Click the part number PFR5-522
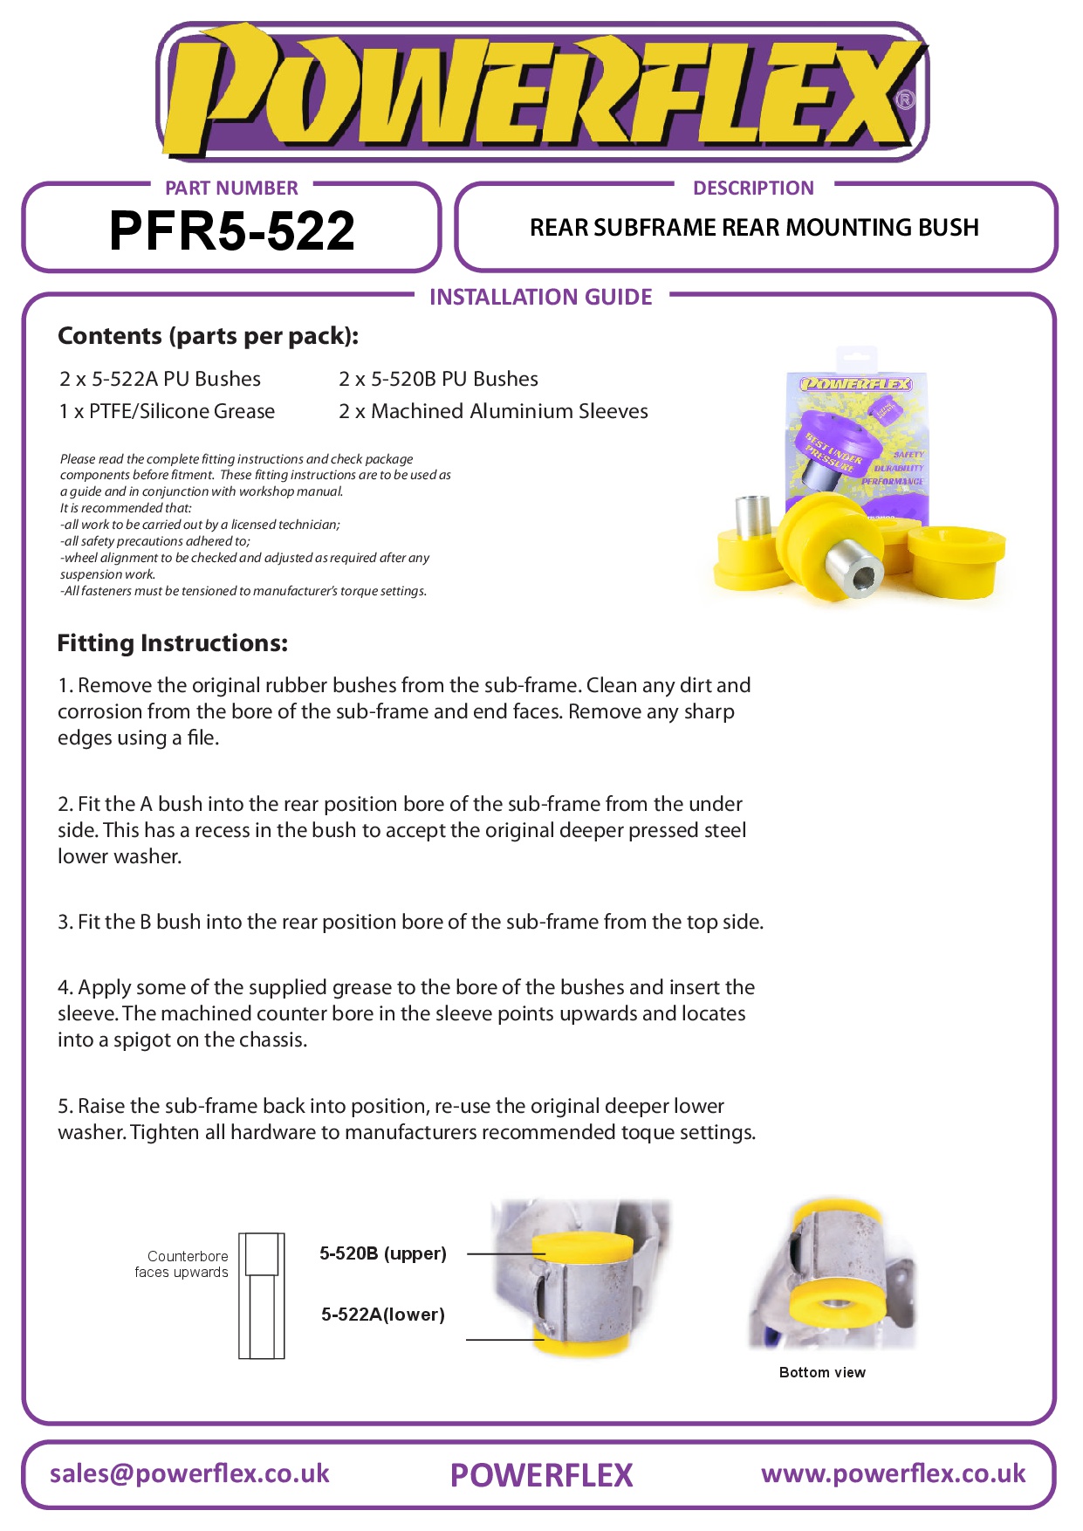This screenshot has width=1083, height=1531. tap(231, 231)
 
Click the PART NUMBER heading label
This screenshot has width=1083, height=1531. tap(231, 188)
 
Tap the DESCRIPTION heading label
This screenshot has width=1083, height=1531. tap(752, 188)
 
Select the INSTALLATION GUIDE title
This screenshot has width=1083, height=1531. tap(540, 297)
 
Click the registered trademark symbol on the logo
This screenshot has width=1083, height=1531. tap(906, 100)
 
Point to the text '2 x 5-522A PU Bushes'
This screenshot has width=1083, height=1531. tap(160, 379)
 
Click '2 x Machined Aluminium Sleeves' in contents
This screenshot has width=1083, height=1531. tap(493, 411)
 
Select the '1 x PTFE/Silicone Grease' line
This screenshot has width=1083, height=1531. tap(167, 411)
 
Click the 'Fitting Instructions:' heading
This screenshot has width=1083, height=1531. tap(172, 643)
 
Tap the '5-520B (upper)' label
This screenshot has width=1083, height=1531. tap(382, 1253)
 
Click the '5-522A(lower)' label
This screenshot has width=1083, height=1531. tap(382, 1315)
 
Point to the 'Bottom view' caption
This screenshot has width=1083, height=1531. tap(822, 1372)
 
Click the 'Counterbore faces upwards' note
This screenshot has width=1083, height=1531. tap(182, 1264)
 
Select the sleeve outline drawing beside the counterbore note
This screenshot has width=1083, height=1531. tap(261, 1295)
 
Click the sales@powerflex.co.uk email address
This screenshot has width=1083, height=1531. tap(189, 1473)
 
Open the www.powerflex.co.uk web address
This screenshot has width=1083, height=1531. tap(893, 1473)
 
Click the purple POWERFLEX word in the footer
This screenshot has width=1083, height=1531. tap(541, 1475)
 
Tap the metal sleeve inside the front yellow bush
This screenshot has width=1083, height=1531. tap(853, 568)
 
